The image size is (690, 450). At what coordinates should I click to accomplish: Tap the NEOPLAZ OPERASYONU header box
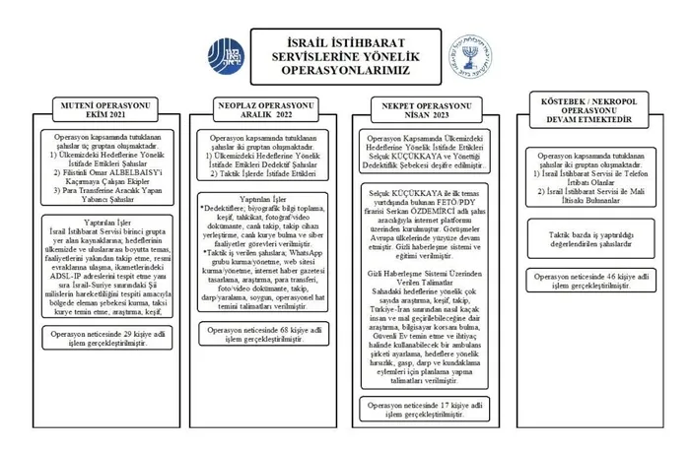pyautogui.click(x=261, y=108)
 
